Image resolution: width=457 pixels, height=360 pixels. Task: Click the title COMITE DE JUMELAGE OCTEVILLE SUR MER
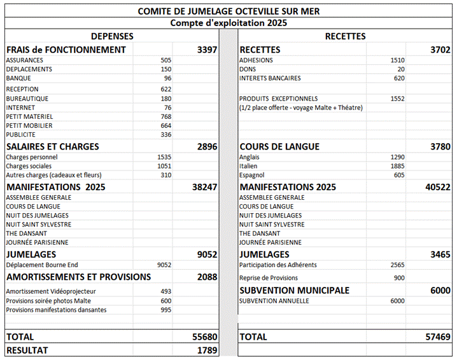(x=229, y=11)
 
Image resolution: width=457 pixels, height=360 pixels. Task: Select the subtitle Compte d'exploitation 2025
(x=229, y=23)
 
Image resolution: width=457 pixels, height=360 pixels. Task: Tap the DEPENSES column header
(x=112, y=36)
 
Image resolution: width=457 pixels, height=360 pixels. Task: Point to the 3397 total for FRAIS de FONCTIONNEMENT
(x=207, y=50)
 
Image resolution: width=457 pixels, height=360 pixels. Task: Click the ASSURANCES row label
(x=25, y=60)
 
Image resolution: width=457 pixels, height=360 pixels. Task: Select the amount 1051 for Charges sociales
(x=164, y=166)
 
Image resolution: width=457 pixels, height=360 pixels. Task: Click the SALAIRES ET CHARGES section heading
(x=52, y=146)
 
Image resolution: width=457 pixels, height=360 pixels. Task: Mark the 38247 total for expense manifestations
(x=204, y=188)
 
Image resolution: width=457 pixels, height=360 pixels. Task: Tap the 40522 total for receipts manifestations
(x=438, y=188)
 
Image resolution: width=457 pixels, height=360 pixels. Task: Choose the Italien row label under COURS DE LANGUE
(x=249, y=166)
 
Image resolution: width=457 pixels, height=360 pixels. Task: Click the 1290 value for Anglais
(x=397, y=157)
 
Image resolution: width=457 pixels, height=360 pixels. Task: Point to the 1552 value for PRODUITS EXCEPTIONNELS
(x=397, y=99)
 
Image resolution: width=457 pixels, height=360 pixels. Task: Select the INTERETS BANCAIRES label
(x=270, y=78)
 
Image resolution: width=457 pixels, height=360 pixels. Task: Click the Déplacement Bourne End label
(x=42, y=265)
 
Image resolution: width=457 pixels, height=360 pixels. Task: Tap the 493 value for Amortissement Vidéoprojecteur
(x=165, y=291)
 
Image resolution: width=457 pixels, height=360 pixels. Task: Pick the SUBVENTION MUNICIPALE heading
(x=294, y=290)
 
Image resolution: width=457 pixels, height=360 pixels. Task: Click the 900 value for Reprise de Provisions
(x=398, y=278)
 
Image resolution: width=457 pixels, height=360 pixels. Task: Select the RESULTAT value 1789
(x=207, y=350)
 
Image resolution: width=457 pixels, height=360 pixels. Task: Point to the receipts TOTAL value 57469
(x=438, y=336)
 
